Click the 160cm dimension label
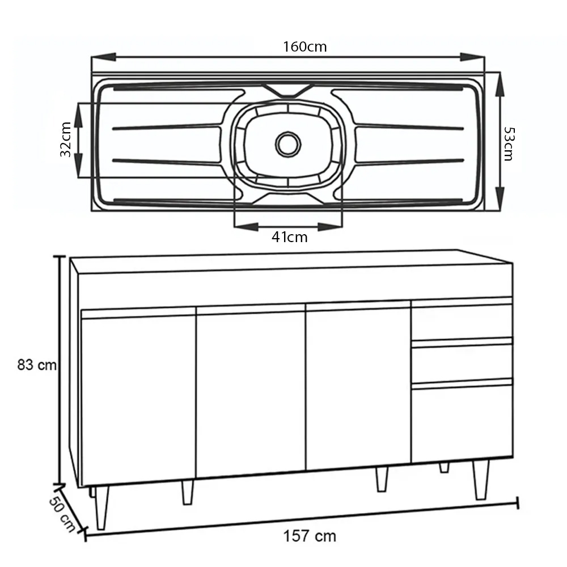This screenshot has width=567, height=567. point(305,46)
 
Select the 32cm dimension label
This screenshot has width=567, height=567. point(66,139)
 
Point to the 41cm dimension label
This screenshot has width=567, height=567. point(289,237)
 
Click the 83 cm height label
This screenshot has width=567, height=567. point(37,365)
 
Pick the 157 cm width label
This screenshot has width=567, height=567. point(310,536)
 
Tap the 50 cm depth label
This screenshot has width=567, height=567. point(61,514)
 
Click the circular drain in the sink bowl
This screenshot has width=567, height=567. point(288,144)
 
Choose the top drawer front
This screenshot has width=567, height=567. point(462,321)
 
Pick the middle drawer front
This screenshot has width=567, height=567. point(462,363)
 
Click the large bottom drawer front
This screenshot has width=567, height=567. point(462,422)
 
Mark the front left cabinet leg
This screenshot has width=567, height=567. point(102,506)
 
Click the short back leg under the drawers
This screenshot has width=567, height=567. point(444,467)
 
